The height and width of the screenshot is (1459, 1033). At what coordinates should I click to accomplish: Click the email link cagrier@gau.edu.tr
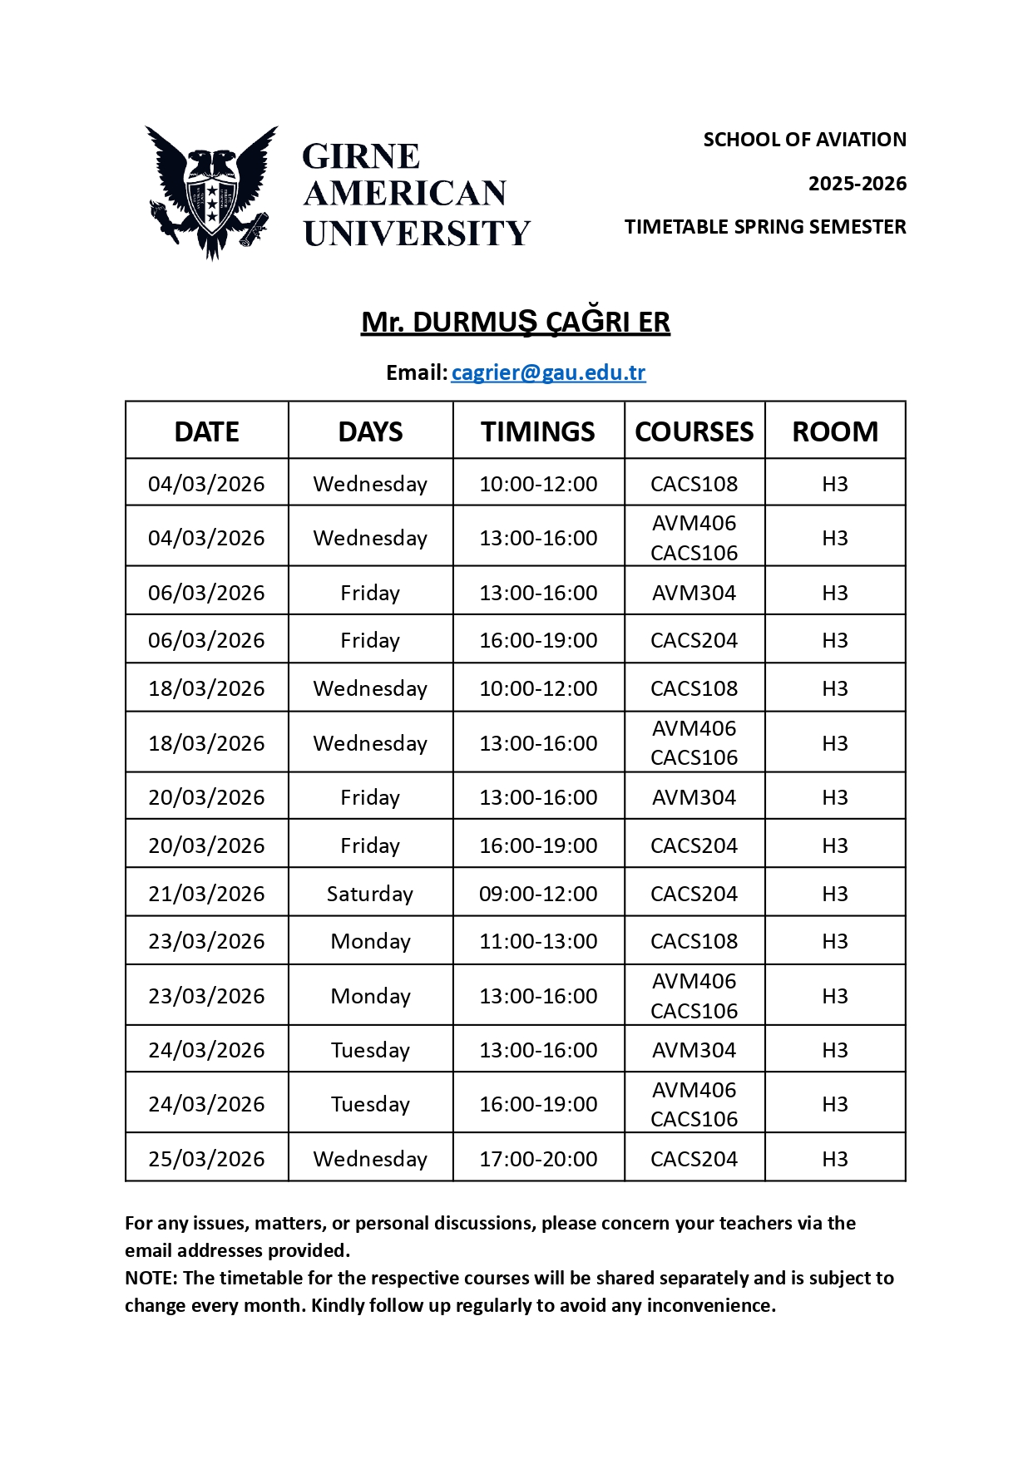coord(548,372)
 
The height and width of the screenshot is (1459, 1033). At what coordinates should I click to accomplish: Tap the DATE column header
coord(207,431)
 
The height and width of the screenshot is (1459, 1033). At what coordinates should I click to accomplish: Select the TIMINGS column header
coord(537,431)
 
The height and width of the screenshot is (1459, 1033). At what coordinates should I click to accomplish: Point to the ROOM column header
coord(835,431)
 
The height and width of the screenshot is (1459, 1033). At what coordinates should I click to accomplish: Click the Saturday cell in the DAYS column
coord(370,894)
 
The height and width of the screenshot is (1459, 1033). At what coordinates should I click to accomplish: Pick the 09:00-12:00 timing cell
coord(538,894)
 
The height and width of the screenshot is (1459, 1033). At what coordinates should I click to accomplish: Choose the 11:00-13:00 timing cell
coord(538,941)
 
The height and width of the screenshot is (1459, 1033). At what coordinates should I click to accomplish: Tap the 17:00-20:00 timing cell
coord(538,1159)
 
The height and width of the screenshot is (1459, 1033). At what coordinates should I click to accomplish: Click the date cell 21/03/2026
coord(206,894)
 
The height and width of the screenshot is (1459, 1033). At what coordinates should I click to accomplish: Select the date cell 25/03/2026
coord(206,1159)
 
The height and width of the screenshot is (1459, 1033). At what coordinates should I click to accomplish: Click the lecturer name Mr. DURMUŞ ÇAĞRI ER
coord(516,323)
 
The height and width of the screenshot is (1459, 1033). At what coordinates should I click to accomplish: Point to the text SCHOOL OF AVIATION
coord(804,140)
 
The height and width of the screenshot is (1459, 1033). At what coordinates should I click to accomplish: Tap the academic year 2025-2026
coord(857,184)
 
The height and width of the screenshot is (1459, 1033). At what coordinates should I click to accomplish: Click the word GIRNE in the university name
coord(361,156)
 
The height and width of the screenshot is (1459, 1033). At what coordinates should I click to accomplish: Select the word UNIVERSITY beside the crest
coord(417,234)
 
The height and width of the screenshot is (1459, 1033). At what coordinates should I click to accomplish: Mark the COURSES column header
coord(694,431)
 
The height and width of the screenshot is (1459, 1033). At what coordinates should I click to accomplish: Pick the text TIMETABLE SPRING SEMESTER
coord(765,227)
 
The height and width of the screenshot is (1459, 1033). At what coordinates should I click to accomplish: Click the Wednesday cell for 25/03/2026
coord(370,1159)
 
